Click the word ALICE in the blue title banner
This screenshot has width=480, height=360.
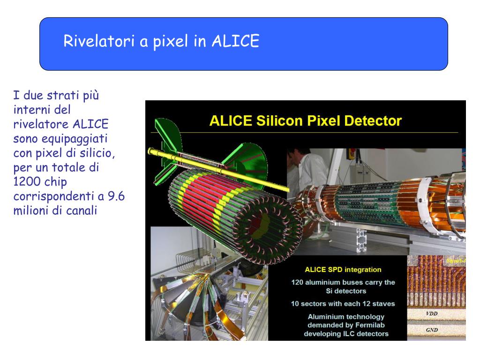pos(235,41)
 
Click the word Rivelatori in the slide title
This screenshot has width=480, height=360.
pos(99,41)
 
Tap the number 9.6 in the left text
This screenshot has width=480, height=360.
pos(116,196)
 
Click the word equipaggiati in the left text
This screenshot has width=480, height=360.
pos(75,139)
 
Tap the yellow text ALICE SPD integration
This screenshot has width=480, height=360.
pos(343,270)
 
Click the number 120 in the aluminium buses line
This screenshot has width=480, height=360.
pos(297,282)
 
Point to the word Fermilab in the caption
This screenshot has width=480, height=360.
pos(370,325)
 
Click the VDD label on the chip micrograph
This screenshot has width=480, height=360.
pos(432,314)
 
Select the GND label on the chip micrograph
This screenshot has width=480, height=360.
pos(432,330)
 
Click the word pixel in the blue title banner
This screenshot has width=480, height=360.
pos(170,41)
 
